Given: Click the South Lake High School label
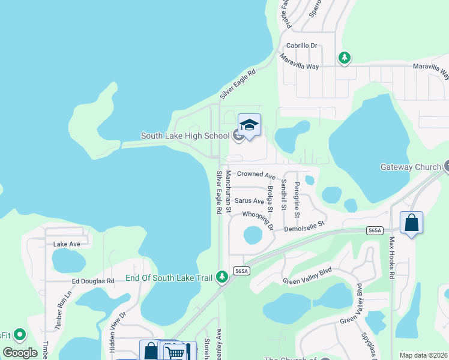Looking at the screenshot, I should pyautogui.click(x=185, y=136).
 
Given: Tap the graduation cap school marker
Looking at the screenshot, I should pyautogui.click(x=249, y=125).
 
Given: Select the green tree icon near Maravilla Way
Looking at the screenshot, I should pyautogui.click(x=345, y=58).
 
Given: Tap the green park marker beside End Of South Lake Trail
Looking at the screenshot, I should pyautogui.click(x=222, y=276).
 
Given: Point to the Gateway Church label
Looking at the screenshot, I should pyautogui.click(x=411, y=167).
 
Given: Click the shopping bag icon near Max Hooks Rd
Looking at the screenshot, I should pyautogui.click(x=411, y=223).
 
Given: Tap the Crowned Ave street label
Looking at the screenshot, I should pyautogui.click(x=256, y=175).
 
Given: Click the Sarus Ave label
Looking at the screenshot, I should pyautogui.click(x=249, y=201).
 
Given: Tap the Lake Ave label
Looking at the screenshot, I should pyautogui.click(x=67, y=244).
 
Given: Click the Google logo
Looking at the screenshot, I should pyautogui.click(x=20, y=352).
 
